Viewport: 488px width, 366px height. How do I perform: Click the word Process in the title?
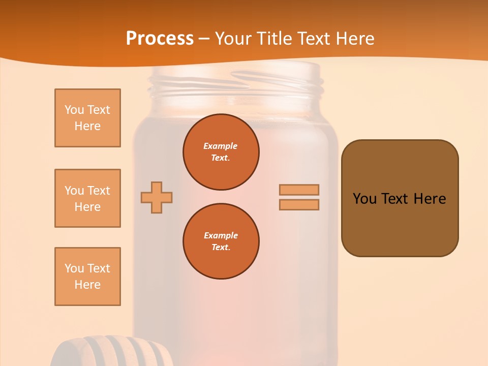(x=160, y=39)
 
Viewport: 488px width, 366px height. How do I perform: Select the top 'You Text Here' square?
(x=87, y=118)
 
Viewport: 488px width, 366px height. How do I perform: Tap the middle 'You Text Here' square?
(x=87, y=198)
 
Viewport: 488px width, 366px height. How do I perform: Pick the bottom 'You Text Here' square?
(x=87, y=277)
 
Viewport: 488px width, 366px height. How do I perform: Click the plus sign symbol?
(x=157, y=197)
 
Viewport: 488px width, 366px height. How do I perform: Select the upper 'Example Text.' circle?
(x=221, y=152)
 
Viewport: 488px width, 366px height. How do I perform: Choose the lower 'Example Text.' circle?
(x=221, y=241)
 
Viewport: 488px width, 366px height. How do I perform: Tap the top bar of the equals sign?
(x=299, y=190)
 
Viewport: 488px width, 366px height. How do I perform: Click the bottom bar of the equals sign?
(x=299, y=205)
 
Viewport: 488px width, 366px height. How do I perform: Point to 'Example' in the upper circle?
(x=221, y=146)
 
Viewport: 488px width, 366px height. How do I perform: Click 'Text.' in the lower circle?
(x=221, y=248)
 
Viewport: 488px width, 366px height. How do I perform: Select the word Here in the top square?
(x=87, y=126)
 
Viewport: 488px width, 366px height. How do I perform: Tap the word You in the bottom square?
(x=74, y=268)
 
